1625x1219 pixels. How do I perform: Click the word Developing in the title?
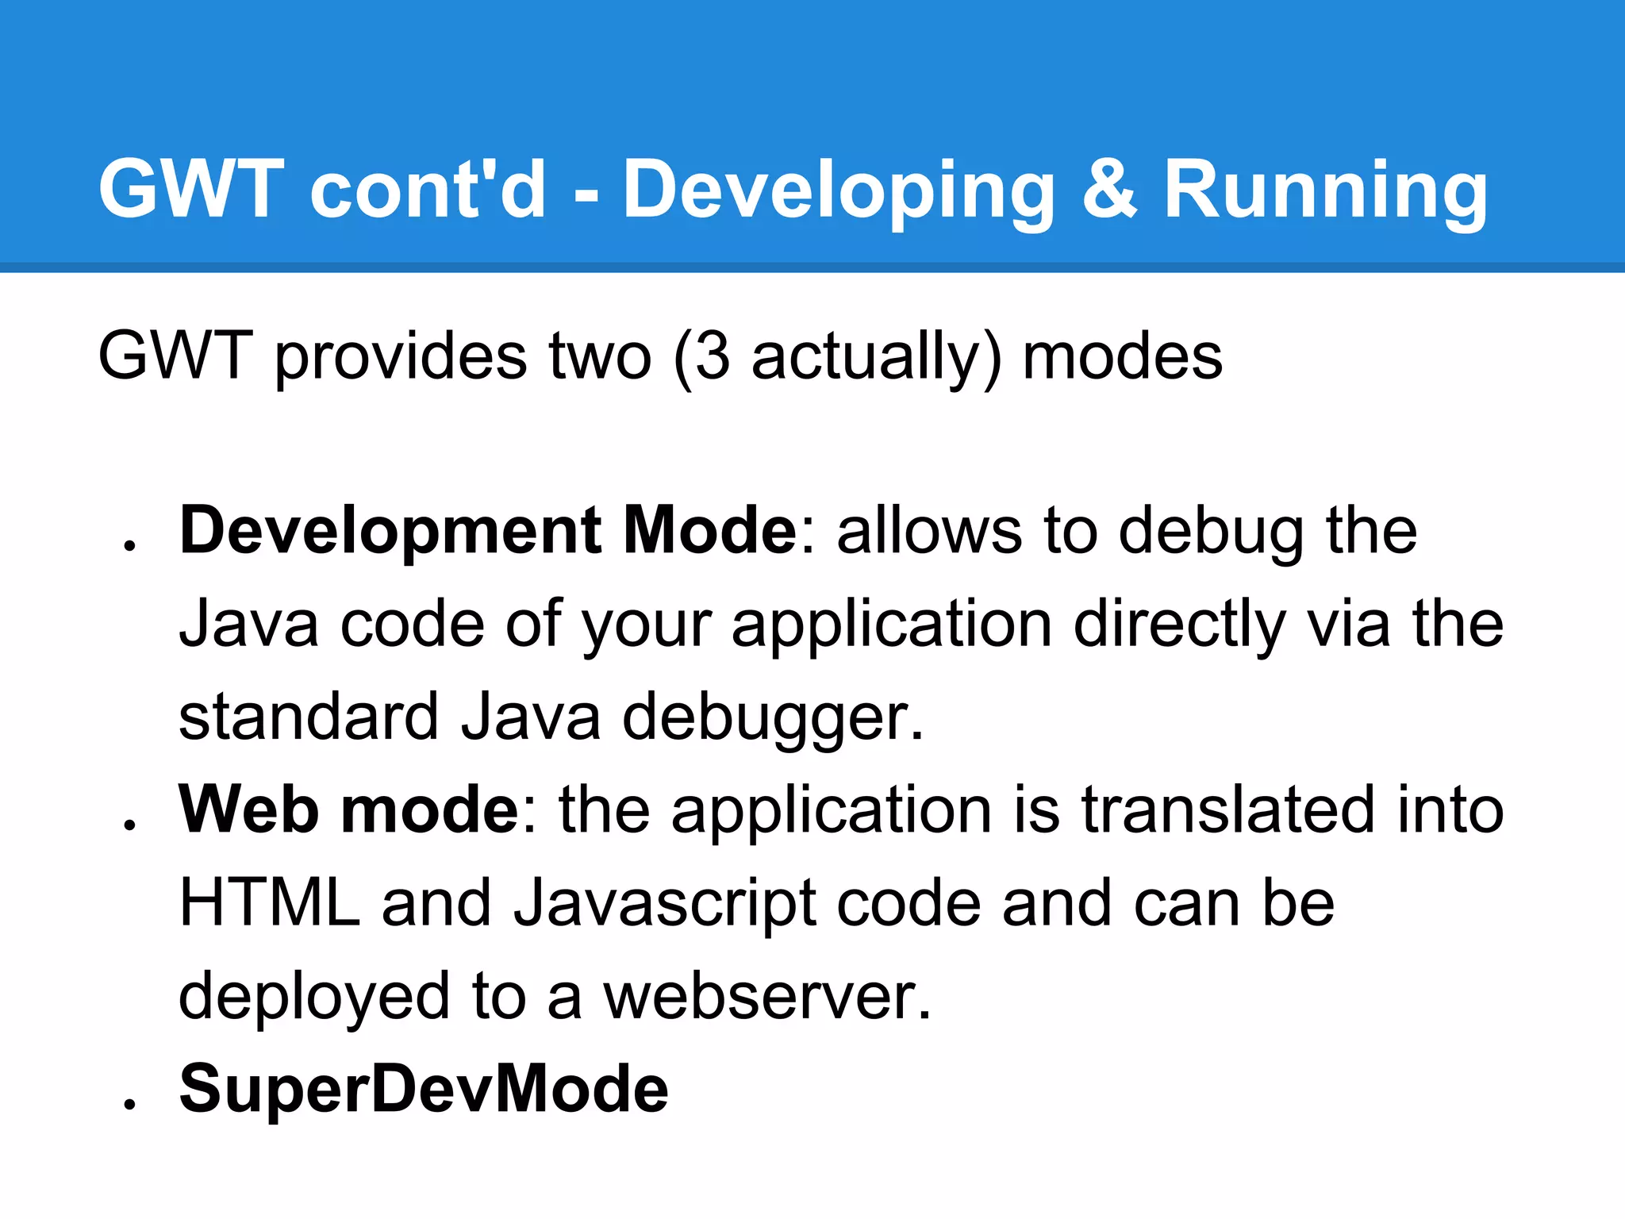click(839, 190)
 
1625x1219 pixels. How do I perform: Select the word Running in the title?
click(1325, 190)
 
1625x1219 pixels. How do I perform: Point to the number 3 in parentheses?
click(712, 356)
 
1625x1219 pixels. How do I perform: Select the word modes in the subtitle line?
click(1123, 356)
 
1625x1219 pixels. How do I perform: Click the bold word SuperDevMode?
click(424, 1089)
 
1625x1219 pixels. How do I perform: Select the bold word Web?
click(248, 809)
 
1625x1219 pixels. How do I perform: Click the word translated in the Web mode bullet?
click(1228, 809)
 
